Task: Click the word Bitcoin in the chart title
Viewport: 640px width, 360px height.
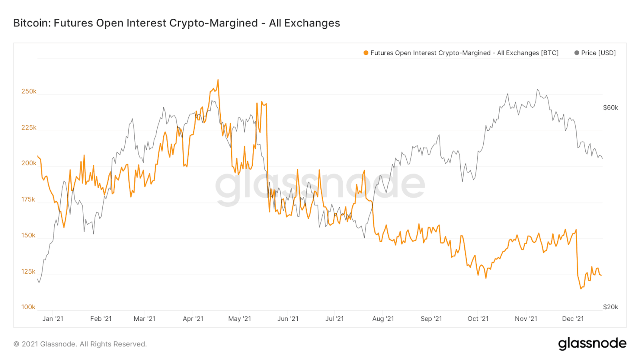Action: tap(31, 23)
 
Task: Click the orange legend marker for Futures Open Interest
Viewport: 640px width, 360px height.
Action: tap(366, 53)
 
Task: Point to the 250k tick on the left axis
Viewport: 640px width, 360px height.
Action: tap(29, 91)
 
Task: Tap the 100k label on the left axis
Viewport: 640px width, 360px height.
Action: tap(28, 307)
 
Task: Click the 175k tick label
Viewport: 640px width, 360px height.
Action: tap(28, 199)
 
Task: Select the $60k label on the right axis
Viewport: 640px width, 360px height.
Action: tap(610, 108)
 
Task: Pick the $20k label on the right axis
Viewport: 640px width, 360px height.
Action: tap(610, 307)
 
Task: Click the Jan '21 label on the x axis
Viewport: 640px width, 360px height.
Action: tap(53, 319)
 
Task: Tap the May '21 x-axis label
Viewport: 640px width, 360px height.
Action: tap(240, 319)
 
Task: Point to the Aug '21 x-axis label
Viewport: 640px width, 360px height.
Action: tap(383, 319)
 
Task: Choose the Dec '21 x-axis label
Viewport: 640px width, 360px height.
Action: tap(573, 319)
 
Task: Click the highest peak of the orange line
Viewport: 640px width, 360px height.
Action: tap(218, 80)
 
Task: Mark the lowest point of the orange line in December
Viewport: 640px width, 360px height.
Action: tap(581, 288)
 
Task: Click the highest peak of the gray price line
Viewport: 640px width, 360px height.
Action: tap(537, 90)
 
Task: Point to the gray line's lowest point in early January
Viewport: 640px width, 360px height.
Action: tap(39, 282)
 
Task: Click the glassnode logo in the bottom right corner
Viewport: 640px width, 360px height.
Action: tap(592, 344)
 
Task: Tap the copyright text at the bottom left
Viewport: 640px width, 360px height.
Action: tap(80, 344)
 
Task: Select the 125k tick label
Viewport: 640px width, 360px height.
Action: tap(28, 272)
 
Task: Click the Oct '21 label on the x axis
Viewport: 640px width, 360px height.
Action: tap(478, 319)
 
